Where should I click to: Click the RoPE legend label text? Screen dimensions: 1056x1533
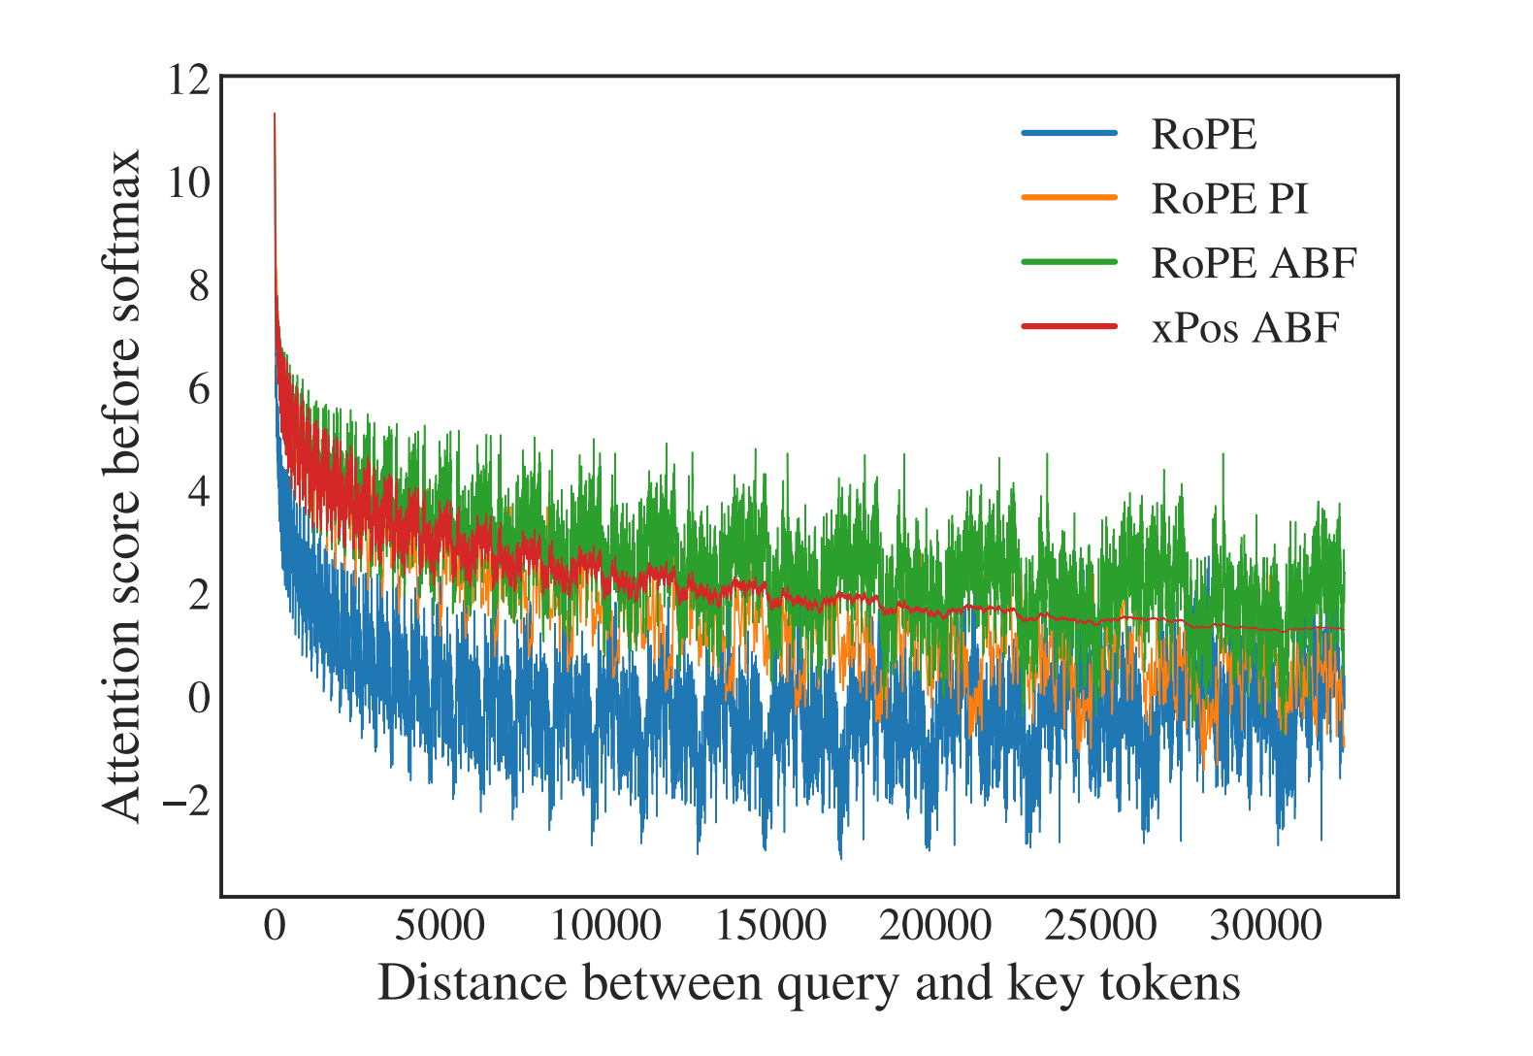(1203, 134)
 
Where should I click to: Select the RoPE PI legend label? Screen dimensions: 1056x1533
(1229, 199)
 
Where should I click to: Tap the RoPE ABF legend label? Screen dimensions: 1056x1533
(1254, 263)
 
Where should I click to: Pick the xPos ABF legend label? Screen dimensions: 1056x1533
(1245, 328)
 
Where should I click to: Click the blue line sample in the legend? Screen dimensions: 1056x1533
(1069, 134)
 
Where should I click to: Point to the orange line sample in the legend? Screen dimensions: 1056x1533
(1069, 198)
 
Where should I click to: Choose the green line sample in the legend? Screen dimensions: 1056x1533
(1069, 262)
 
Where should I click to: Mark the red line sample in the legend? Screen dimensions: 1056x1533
(1069, 326)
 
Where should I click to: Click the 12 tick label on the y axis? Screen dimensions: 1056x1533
(187, 80)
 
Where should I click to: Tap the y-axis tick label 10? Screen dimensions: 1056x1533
(187, 182)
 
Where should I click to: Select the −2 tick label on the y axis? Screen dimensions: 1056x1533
(185, 802)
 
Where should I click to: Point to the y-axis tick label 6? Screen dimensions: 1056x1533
(198, 389)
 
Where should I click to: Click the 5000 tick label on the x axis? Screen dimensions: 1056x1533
(440, 925)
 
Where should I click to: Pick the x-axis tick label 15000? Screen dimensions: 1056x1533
(770, 925)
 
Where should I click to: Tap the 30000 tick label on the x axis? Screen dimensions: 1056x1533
(1265, 925)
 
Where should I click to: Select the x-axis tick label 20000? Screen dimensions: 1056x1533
(935, 925)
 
